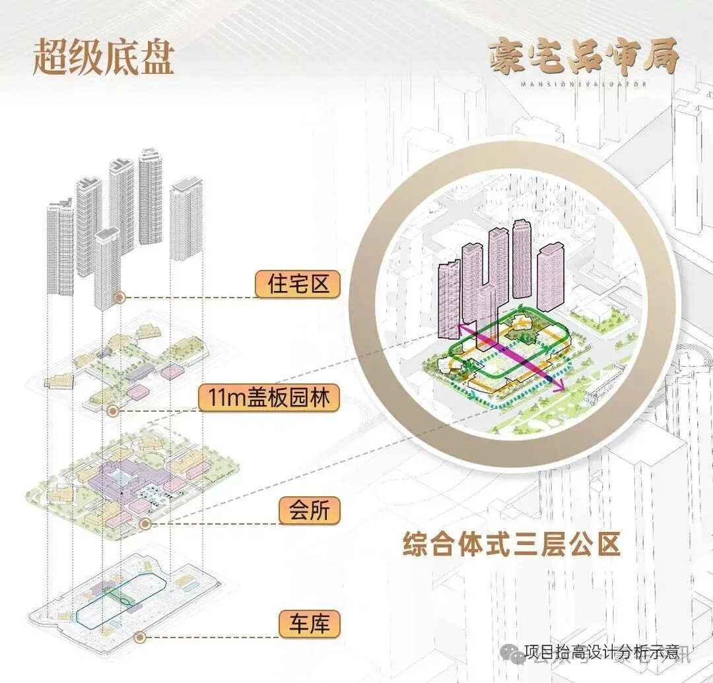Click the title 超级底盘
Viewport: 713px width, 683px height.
[x=103, y=59]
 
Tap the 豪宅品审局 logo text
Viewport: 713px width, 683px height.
[x=584, y=57]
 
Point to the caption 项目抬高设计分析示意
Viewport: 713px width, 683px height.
[x=601, y=653]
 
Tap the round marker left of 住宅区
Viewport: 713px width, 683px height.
[x=119, y=298]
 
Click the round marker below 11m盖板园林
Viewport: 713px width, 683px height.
[x=113, y=411]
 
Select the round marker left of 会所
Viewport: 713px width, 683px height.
[x=145, y=524]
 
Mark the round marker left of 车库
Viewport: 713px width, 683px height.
[x=139, y=637]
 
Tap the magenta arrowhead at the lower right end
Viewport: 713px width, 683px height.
[x=561, y=388]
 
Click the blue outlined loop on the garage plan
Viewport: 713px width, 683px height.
[x=122, y=594]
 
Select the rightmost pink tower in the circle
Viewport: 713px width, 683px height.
[x=550, y=277]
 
